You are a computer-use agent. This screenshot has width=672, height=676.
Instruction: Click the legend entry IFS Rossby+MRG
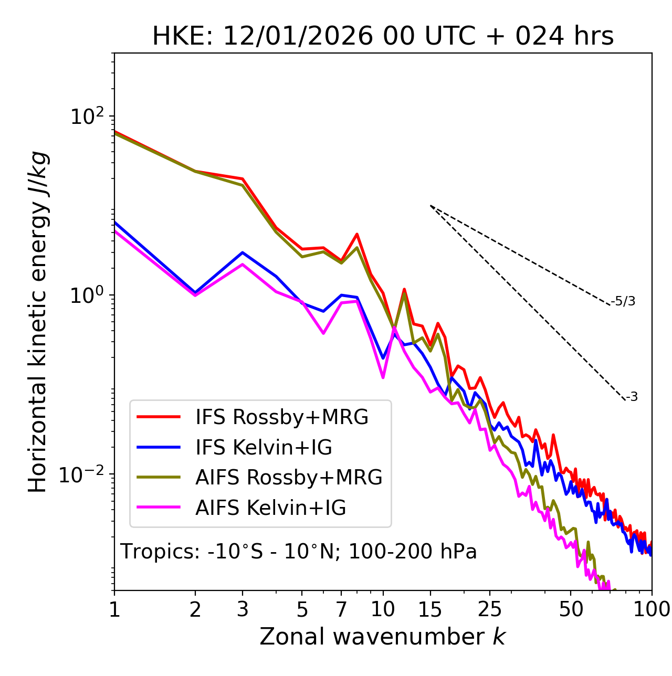[x=282, y=417]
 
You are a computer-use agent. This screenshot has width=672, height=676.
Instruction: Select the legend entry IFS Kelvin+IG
[x=264, y=447]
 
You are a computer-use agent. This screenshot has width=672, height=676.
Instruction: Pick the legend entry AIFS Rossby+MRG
[x=289, y=478]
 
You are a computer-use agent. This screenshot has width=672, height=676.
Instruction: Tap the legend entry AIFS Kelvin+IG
[x=270, y=508]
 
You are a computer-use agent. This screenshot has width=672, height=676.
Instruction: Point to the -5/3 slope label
[x=623, y=301]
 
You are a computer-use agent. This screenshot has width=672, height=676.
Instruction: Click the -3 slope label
[x=632, y=397]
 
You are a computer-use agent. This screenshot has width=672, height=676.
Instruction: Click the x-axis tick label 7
[x=341, y=609]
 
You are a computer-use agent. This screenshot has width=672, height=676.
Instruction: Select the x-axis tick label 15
[x=430, y=609]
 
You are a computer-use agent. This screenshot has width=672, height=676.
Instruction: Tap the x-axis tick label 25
[x=490, y=609]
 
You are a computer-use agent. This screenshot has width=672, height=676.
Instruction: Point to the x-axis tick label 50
[x=571, y=609]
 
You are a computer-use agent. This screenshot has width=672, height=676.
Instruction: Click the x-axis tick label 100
[x=651, y=609]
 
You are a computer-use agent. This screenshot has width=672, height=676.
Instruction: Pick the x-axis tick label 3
[x=243, y=609]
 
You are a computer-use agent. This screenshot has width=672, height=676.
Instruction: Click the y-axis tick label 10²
[x=86, y=116]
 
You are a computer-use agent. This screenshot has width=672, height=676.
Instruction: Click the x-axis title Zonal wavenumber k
[x=383, y=637]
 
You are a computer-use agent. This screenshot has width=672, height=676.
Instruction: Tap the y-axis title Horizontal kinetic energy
[x=38, y=322]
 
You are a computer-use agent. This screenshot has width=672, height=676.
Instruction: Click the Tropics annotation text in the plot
[x=299, y=552]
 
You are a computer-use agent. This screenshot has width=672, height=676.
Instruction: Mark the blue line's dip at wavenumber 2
[x=195, y=292]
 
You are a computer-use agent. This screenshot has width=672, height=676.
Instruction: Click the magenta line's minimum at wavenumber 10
[x=383, y=377]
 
